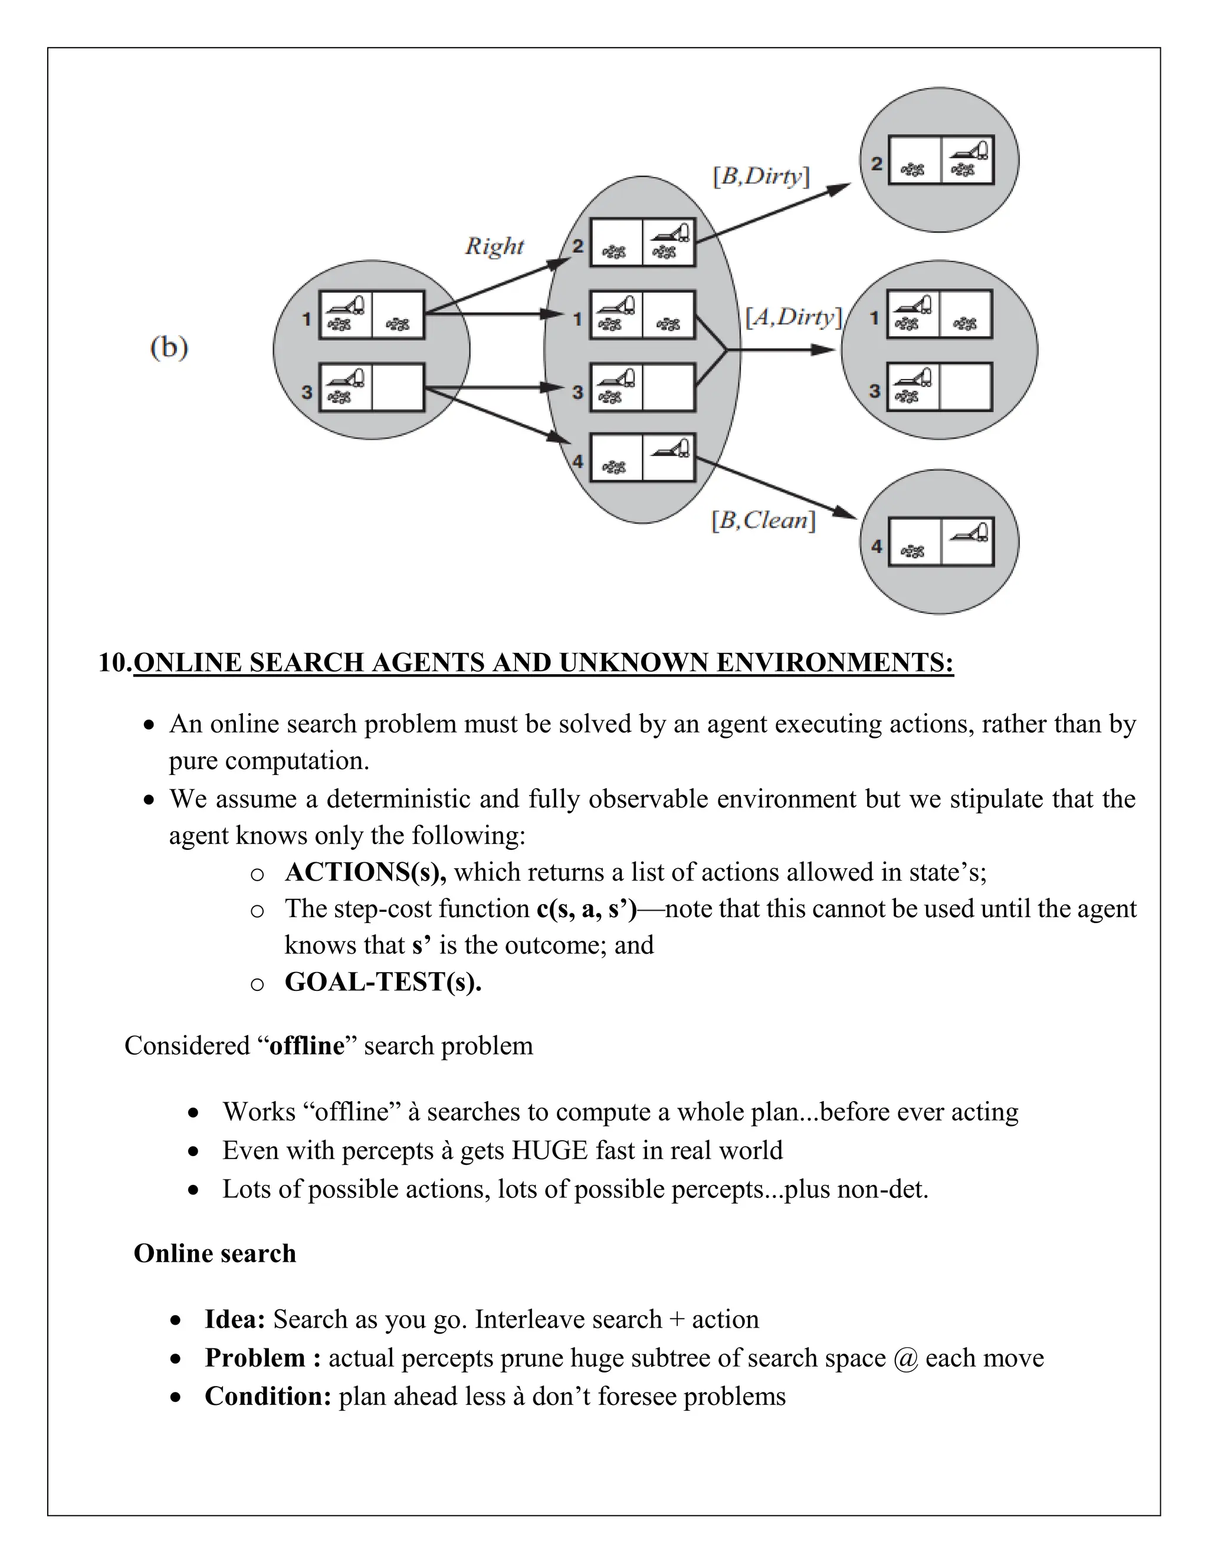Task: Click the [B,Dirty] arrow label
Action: tap(761, 176)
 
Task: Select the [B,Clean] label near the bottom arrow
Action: tap(763, 520)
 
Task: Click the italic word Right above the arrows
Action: tap(494, 246)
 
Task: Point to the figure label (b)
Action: tap(169, 348)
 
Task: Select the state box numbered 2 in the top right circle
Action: tap(940, 160)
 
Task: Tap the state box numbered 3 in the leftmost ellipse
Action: tap(372, 387)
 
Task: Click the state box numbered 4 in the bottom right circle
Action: tap(940, 542)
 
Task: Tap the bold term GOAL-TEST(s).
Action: tap(383, 982)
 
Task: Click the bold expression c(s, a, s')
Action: tap(585, 909)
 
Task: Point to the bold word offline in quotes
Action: tap(306, 1046)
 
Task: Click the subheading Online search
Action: tap(215, 1253)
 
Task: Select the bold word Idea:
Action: tap(235, 1319)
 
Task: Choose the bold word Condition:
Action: tap(268, 1396)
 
